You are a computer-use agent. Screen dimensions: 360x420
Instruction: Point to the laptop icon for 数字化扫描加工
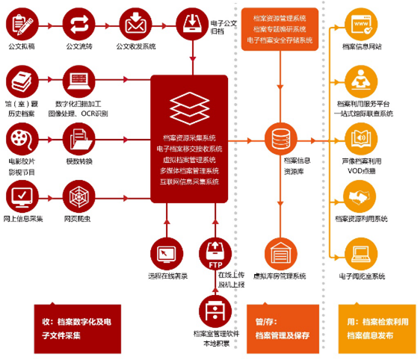[x=79, y=81]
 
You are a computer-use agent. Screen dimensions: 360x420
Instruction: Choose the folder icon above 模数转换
[x=79, y=139]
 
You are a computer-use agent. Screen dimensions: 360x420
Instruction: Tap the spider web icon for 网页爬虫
[x=79, y=197]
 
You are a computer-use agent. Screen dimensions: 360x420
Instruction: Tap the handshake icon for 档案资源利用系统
[x=361, y=197]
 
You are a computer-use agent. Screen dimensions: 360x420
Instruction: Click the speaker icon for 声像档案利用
[x=361, y=139]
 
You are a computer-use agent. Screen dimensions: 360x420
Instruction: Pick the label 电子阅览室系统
[x=361, y=276]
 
